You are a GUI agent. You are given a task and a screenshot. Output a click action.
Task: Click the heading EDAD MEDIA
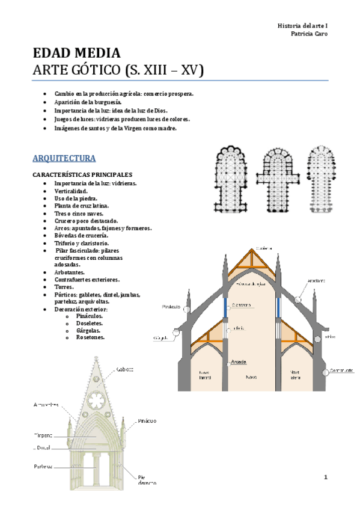(77, 53)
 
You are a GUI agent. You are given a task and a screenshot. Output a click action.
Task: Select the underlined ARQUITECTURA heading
(64, 159)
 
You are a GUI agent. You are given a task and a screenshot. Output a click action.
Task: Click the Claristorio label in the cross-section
(241, 305)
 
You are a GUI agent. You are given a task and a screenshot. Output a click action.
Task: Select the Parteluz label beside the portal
(43, 466)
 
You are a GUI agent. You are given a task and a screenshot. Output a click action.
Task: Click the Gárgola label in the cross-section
(160, 338)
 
